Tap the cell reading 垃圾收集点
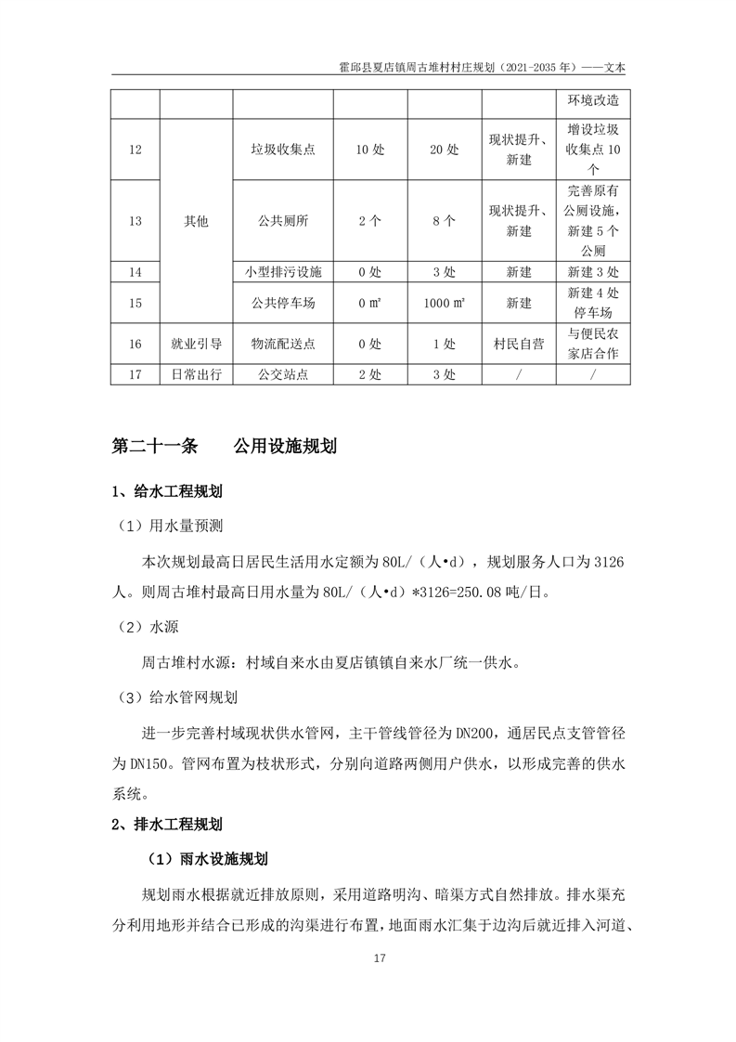pyautogui.click(x=283, y=150)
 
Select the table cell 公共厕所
pyautogui.click(x=283, y=221)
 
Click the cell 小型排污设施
pyautogui.click(x=283, y=272)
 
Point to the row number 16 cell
pyautogui.click(x=136, y=344)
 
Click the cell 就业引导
pyautogui.click(x=197, y=344)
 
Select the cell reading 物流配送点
pyautogui.click(x=283, y=344)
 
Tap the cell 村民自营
pyautogui.click(x=519, y=344)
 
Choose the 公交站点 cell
pyautogui.click(x=283, y=374)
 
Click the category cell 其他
pyautogui.click(x=197, y=221)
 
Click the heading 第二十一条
pyautogui.click(x=155, y=446)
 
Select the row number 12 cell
pyautogui.click(x=136, y=150)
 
